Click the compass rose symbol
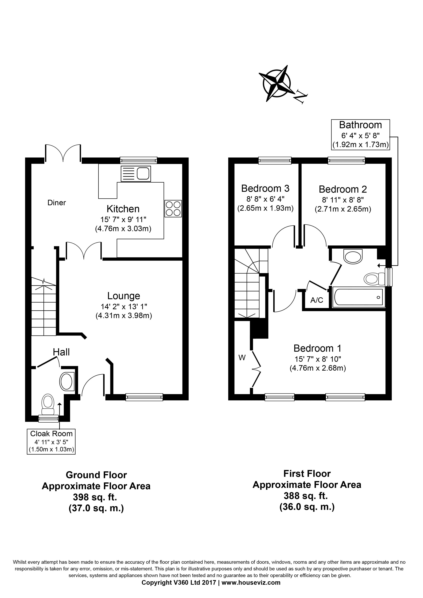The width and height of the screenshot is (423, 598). (x=276, y=83)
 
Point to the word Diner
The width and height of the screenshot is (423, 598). (x=57, y=203)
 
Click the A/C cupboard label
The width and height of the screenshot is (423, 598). (x=317, y=300)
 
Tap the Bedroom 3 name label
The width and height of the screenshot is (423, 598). (x=265, y=188)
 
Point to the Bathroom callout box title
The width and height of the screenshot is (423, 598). (x=360, y=125)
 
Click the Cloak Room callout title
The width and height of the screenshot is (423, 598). (x=51, y=434)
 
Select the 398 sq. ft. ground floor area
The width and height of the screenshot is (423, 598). (x=95, y=497)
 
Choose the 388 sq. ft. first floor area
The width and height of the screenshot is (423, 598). (x=306, y=496)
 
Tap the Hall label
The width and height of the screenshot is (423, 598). (x=61, y=352)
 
